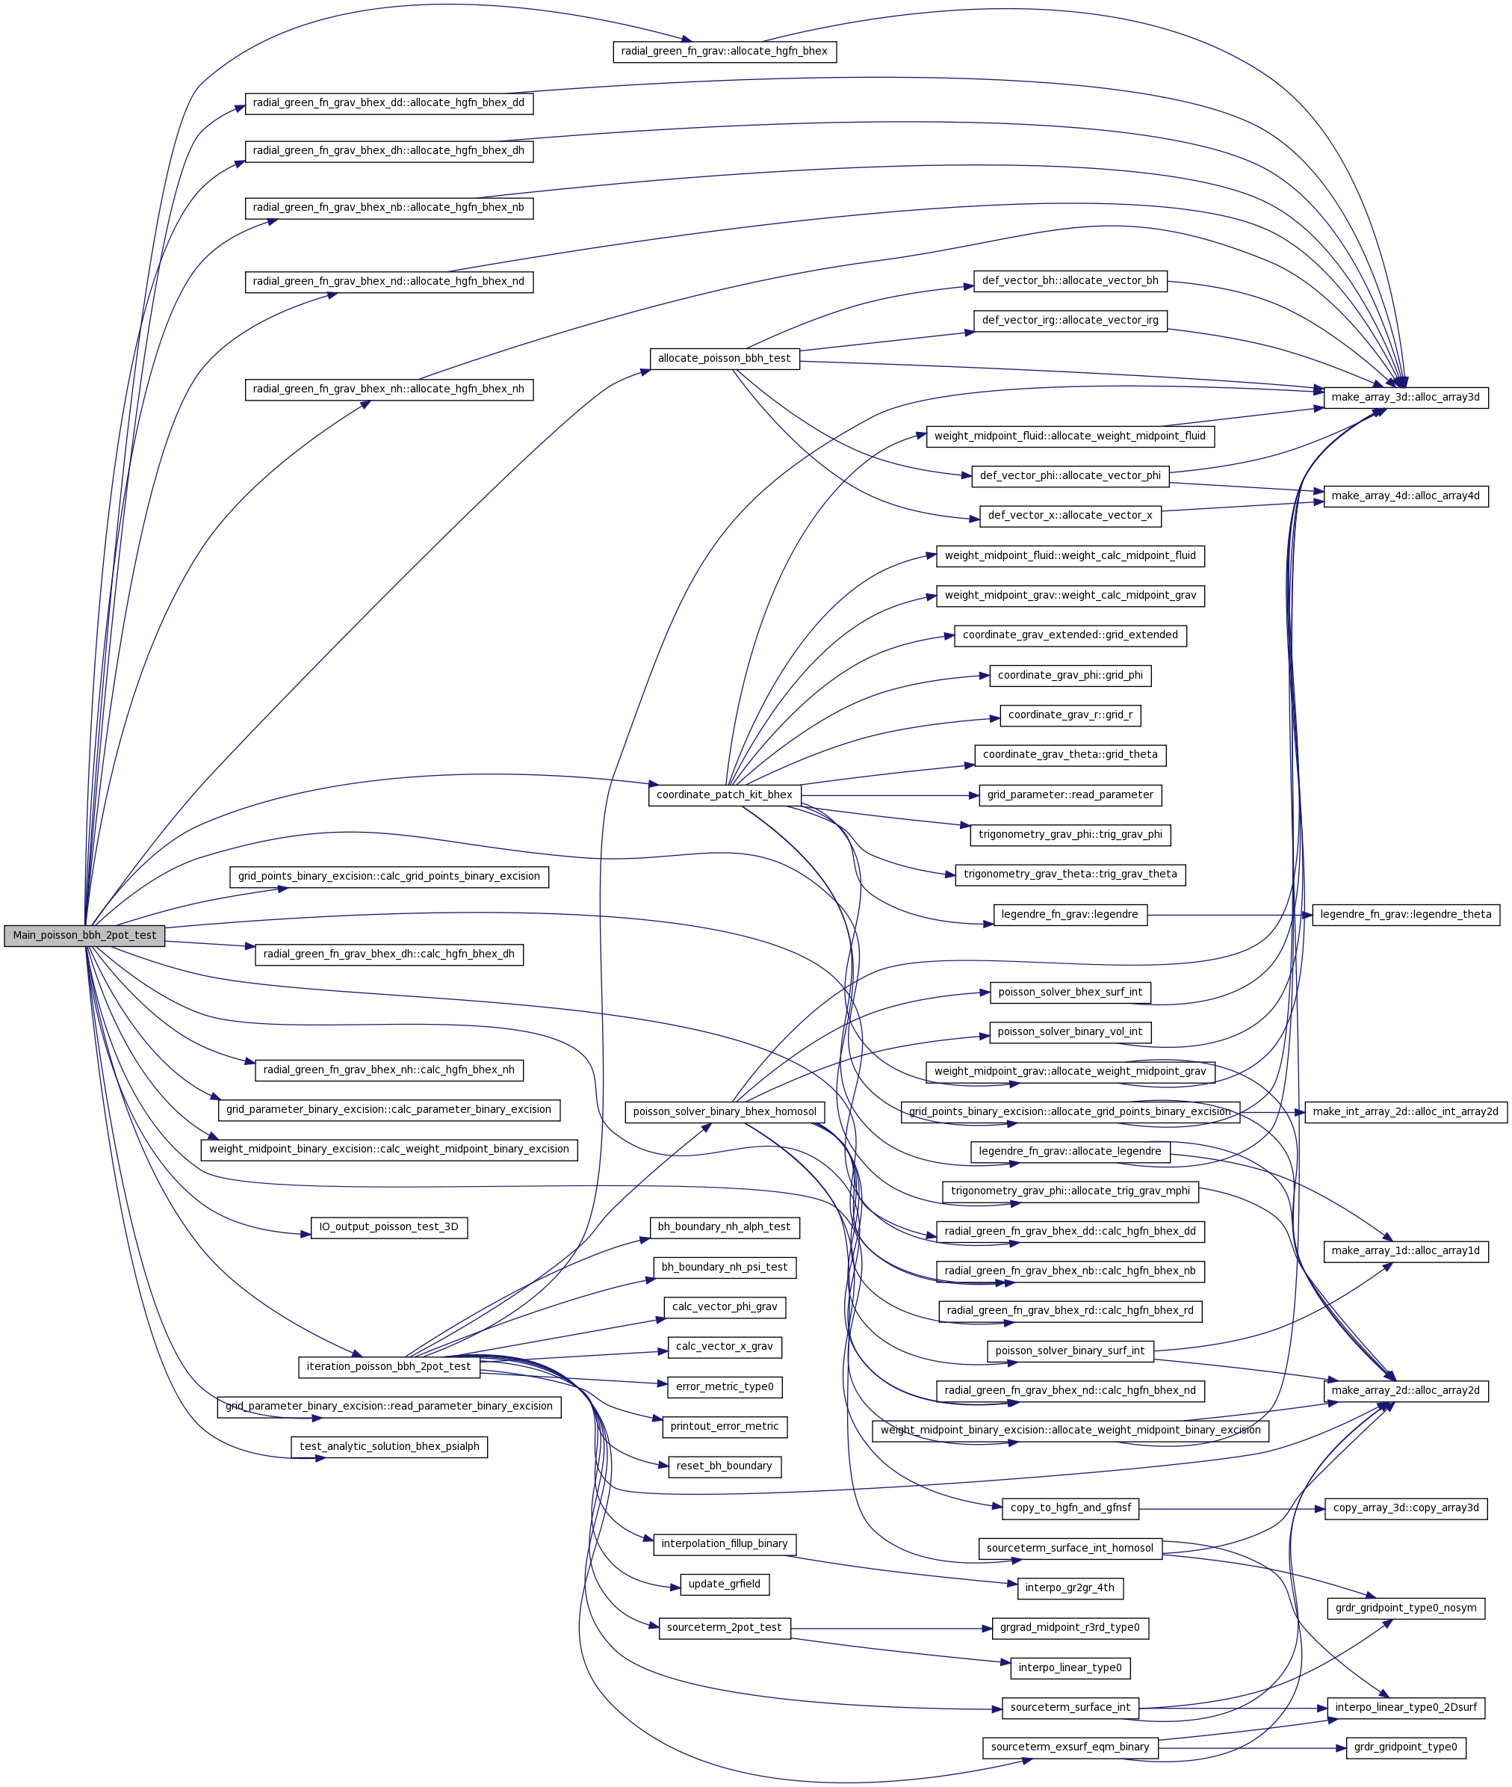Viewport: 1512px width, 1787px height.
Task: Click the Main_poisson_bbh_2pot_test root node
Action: pos(84,935)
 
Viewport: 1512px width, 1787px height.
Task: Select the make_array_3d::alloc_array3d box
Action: pos(1405,397)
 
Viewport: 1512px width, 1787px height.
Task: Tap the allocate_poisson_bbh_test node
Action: pos(725,359)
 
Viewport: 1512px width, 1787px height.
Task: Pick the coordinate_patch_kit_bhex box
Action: pos(725,795)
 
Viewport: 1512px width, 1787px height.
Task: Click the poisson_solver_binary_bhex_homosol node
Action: pos(725,1111)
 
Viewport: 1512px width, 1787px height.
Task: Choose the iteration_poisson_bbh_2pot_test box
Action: pos(388,1366)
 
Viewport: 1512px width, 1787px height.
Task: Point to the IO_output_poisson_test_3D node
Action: pos(388,1227)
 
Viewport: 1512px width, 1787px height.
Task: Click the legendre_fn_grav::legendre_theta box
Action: pos(1405,914)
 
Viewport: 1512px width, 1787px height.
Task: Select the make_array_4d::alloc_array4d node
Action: pos(1405,496)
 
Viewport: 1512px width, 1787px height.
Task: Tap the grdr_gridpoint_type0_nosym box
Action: pos(1405,1608)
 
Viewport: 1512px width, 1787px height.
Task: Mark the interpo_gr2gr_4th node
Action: pos(1070,1588)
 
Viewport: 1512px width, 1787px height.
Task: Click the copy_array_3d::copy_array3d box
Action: pos(1405,1507)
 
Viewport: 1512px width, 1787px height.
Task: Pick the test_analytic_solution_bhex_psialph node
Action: pos(389,1447)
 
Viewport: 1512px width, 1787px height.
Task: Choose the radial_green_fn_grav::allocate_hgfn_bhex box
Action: pos(725,52)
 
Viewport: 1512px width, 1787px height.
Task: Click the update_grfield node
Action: pos(725,1584)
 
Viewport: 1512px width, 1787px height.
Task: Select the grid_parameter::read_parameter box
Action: pos(1070,795)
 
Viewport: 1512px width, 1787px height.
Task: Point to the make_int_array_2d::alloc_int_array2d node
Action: pos(1405,1111)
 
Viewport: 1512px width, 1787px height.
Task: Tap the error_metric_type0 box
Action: pos(725,1386)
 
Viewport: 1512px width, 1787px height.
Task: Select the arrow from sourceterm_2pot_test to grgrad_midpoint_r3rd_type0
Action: pos(891,1628)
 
